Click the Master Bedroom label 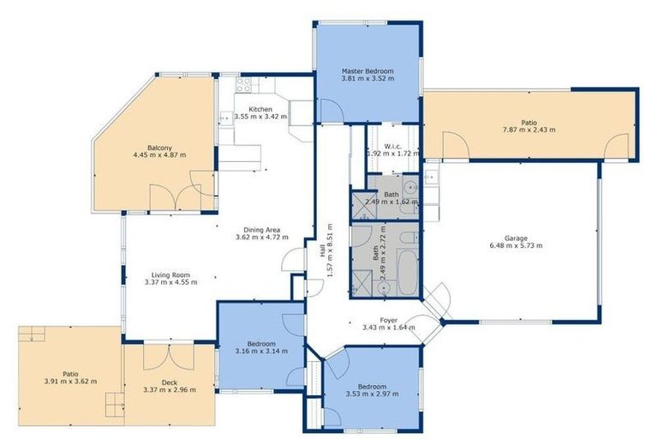click(367, 75)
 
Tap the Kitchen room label click(260, 114)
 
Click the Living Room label click(167, 279)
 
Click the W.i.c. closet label click(393, 149)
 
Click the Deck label click(169, 385)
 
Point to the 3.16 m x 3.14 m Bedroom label click(261, 347)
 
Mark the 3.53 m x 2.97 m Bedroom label click(372, 390)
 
